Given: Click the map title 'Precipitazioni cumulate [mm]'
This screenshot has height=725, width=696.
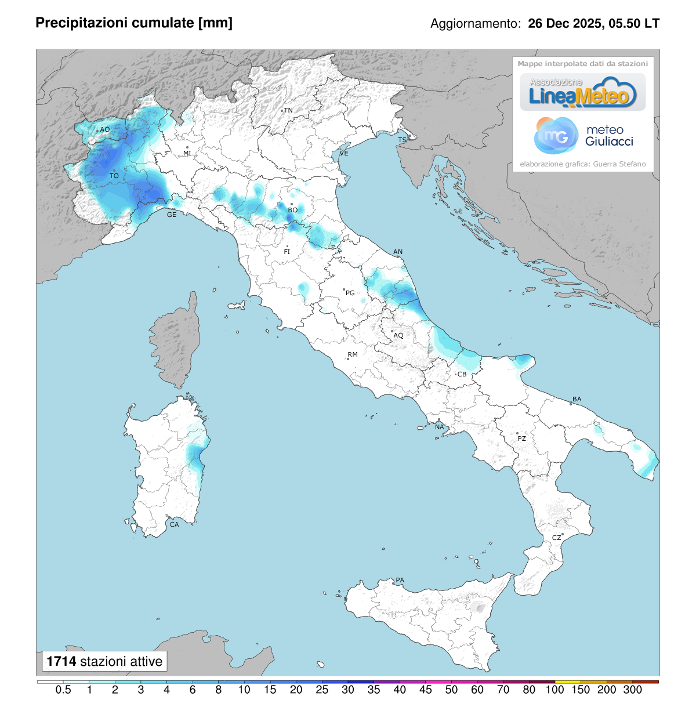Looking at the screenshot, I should pos(134,23).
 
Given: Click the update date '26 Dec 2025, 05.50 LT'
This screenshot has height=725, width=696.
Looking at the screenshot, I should pos(593,24).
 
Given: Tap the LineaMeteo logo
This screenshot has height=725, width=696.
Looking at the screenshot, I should pos(582,93).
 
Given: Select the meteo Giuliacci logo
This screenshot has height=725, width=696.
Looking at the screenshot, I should pos(583,136).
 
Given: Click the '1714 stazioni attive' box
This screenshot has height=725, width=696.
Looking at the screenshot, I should pos(104,661).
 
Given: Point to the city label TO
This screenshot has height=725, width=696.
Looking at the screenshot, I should pos(114,176).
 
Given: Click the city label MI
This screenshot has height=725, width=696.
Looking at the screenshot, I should pos(187,153).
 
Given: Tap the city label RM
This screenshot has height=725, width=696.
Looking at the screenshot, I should pos(353,354).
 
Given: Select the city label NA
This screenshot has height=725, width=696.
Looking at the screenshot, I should pos(440,427).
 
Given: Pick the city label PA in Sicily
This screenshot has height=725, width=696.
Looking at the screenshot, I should pos(400,580).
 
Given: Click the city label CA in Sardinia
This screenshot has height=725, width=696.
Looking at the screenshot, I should pos(174,524).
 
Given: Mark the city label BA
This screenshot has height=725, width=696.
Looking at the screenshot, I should pos(577,399).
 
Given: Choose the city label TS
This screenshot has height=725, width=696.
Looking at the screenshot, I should pos(402,140).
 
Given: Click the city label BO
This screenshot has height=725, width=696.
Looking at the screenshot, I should pos(293,210).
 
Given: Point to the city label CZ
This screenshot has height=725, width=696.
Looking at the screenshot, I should pos(556,538).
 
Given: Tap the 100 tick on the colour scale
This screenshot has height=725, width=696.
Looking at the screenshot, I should pos(554,690).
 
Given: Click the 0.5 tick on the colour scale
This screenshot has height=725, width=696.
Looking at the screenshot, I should pos(63,690).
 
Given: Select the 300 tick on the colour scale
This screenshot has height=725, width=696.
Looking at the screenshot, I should pos(632,690).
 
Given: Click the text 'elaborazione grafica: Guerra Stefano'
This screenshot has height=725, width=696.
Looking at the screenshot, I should pos(582,164).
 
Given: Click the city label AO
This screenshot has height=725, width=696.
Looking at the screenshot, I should pos(105,129).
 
